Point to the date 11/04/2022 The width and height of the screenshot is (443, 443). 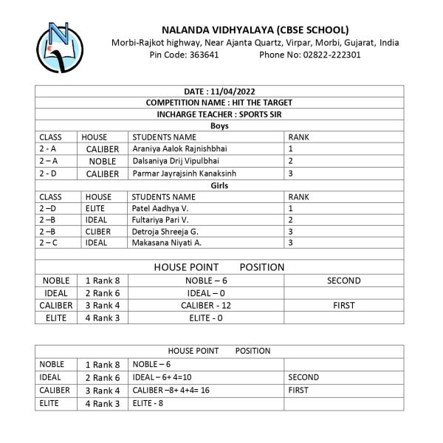(219, 91)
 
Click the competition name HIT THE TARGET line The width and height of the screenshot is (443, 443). (219, 103)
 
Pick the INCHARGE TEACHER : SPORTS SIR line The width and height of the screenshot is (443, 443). (219, 114)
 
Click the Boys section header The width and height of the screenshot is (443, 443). (219, 126)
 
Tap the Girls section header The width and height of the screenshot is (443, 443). (219, 185)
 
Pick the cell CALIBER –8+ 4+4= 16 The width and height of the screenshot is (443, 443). (171, 390)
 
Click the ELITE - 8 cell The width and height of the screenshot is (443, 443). (148, 403)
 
